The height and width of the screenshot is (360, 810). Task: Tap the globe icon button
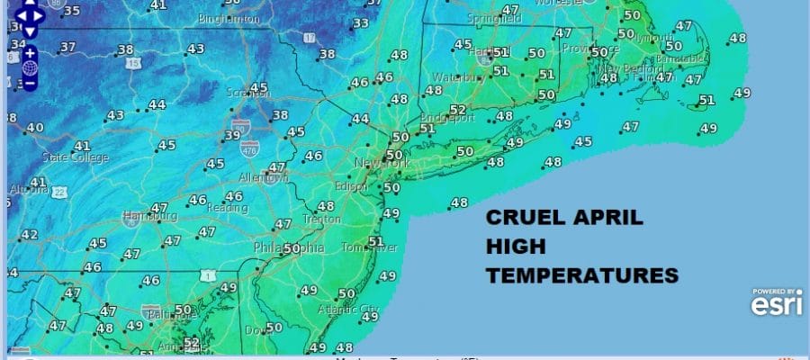pyautogui.click(x=30, y=68)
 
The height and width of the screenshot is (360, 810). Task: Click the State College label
pyautogui.click(x=74, y=157)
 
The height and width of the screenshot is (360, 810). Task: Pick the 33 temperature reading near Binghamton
pyautogui.click(x=361, y=23)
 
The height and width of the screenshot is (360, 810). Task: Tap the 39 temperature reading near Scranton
pyautogui.click(x=232, y=135)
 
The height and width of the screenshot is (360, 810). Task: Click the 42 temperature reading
pyautogui.click(x=30, y=235)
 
